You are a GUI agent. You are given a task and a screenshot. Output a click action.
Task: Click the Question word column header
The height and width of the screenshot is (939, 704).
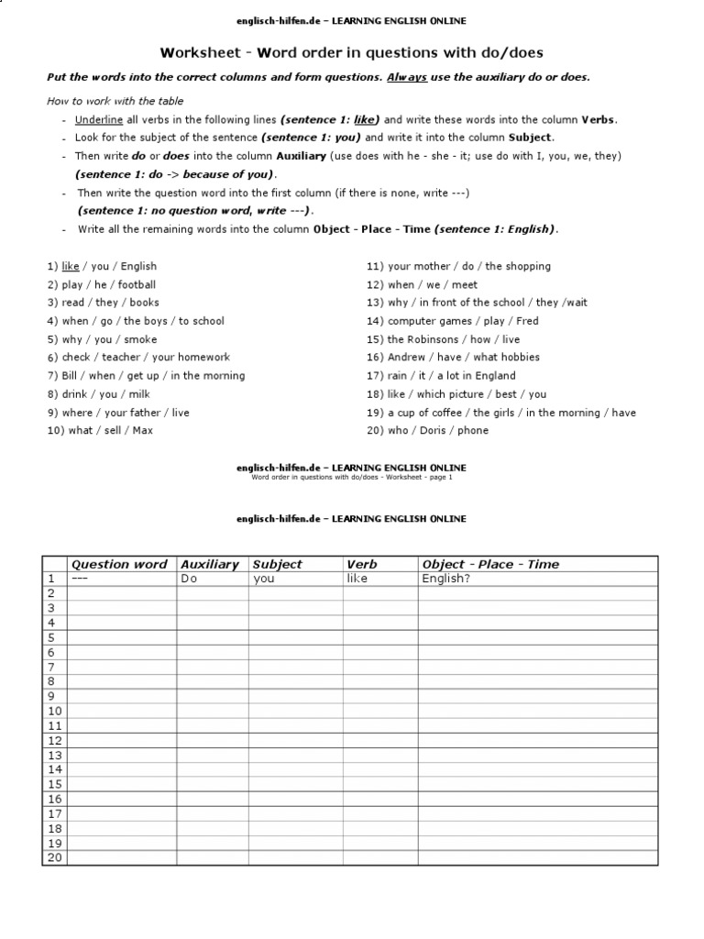click(x=119, y=564)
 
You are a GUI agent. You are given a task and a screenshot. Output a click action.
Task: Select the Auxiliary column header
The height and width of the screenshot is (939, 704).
click(x=210, y=564)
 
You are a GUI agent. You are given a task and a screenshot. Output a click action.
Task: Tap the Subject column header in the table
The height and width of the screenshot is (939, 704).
click(x=277, y=564)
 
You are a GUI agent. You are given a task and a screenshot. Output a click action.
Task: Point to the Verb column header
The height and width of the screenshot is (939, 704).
click(x=362, y=564)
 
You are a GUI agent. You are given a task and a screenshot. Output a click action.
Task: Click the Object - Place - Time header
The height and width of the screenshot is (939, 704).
click(x=490, y=564)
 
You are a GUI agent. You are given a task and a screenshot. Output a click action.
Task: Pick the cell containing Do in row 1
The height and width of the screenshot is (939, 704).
click(x=190, y=579)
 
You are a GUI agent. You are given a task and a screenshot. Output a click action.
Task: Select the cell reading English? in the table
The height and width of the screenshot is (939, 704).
click(x=445, y=579)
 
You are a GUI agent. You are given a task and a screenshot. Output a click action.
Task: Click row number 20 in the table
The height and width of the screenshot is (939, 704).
click(x=54, y=857)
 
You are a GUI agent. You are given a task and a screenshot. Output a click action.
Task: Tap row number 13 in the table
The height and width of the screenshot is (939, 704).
click(x=54, y=755)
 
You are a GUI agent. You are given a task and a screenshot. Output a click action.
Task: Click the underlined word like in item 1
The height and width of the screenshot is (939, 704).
click(x=71, y=266)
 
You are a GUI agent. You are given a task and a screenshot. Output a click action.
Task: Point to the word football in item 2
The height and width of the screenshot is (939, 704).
click(x=137, y=284)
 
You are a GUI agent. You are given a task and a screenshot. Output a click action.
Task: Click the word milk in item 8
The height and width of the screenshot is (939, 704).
click(x=138, y=393)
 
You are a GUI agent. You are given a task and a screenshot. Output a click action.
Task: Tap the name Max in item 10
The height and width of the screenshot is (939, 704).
click(x=142, y=430)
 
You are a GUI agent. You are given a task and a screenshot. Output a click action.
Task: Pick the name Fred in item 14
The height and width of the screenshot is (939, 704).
click(x=527, y=321)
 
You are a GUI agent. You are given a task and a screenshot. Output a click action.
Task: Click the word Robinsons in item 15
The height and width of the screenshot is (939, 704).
click(x=433, y=339)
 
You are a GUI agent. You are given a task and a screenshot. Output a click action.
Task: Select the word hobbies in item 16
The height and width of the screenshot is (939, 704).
click(x=520, y=357)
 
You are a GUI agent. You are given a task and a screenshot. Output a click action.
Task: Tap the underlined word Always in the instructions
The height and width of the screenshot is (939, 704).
click(x=407, y=78)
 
